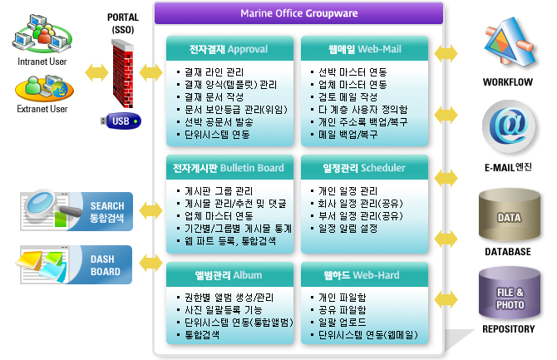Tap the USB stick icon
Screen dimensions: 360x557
[121, 121]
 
